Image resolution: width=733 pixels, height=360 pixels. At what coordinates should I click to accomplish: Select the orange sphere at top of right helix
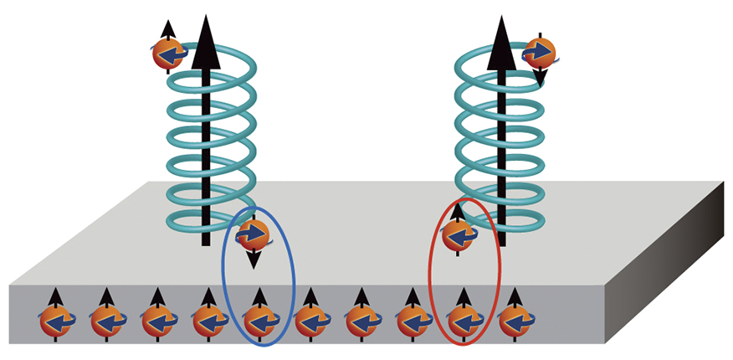tap(540, 53)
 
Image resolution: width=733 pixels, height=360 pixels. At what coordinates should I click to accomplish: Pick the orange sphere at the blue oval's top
tap(253, 234)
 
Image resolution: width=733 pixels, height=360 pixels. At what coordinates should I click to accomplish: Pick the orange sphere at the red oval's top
tap(456, 235)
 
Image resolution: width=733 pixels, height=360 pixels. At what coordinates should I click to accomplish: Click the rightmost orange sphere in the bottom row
tap(512, 319)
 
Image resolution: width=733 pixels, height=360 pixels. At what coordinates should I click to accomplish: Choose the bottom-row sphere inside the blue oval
tap(259, 319)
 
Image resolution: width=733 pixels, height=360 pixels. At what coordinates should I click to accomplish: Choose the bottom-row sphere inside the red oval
tap(461, 319)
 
